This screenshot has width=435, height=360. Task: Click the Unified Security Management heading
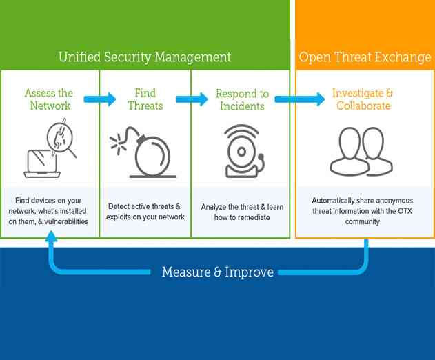coord(145,57)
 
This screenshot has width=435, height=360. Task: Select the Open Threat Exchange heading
coord(365,57)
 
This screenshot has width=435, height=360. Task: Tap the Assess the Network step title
coord(49,100)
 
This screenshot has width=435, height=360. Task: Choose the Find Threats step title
coord(145,100)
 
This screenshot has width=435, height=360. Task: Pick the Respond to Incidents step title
coord(242,100)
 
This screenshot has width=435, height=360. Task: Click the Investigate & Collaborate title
coord(363,100)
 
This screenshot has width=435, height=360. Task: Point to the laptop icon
coord(42,163)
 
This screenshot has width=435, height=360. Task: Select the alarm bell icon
coord(242,151)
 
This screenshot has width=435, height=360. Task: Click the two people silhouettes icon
coord(361,151)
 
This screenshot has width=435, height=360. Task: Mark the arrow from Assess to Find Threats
coord(101,99)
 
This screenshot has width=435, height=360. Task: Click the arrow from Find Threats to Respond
coord(192,99)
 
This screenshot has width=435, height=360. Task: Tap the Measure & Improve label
coord(217,272)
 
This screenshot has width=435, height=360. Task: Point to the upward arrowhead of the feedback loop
coord(51,238)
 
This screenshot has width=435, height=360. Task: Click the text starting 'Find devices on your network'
coord(48,211)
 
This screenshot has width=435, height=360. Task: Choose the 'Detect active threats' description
coord(145,211)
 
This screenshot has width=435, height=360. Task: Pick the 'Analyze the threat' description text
coord(242,211)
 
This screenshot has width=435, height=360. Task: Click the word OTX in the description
coord(400,212)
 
